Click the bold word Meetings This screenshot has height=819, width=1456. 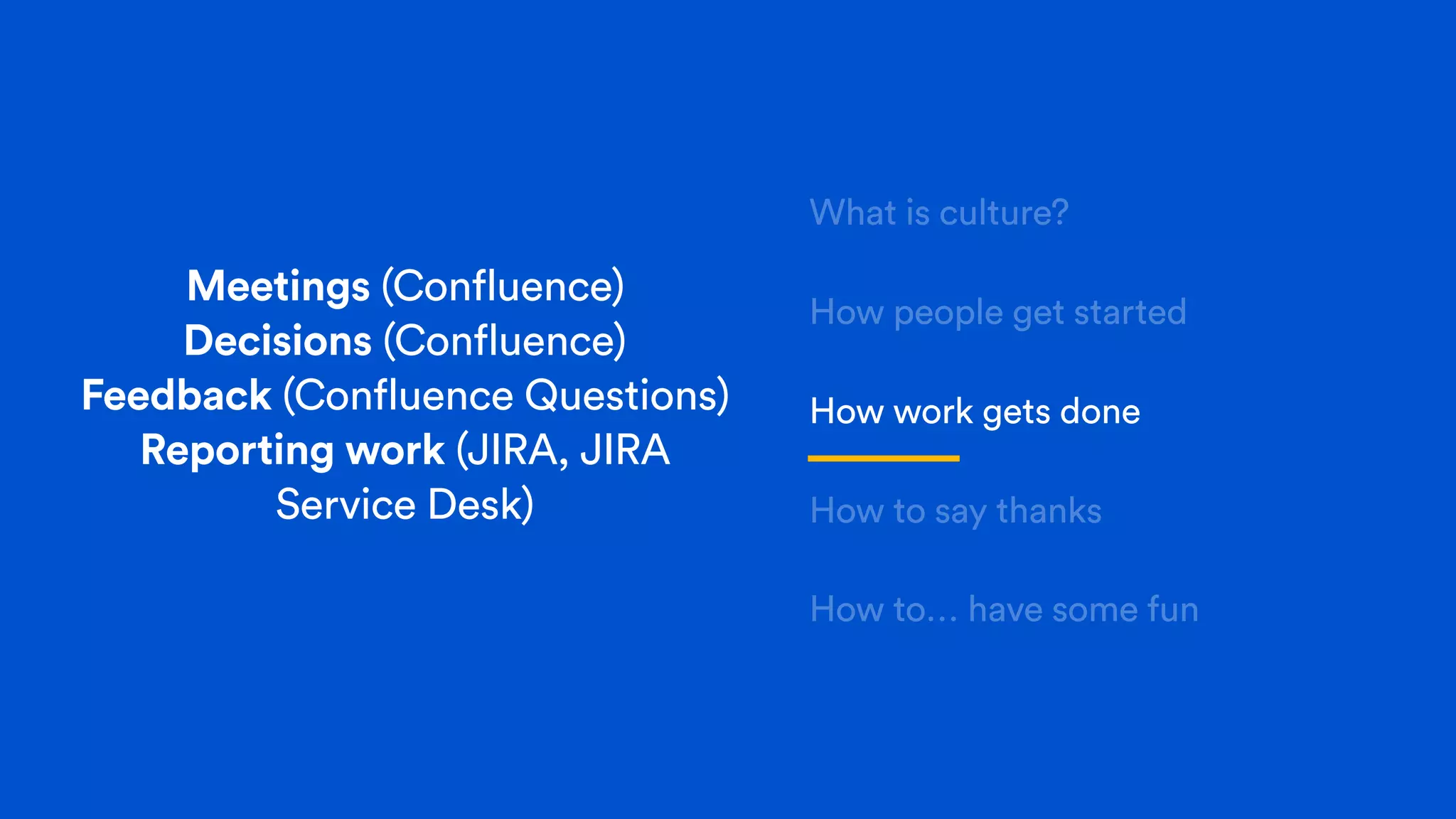click(278, 287)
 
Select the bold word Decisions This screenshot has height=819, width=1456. click(278, 341)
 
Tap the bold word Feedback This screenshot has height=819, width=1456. click(176, 395)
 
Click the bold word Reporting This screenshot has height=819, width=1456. click(237, 451)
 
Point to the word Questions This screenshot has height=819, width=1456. click(626, 395)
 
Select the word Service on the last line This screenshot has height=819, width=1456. click(346, 505)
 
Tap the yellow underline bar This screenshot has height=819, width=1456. click(884, 459)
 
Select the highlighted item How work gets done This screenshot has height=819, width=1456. click(975, 412)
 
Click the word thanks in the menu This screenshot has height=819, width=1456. click(1049, 511)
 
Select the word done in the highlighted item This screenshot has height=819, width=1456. click(1101, 412)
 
